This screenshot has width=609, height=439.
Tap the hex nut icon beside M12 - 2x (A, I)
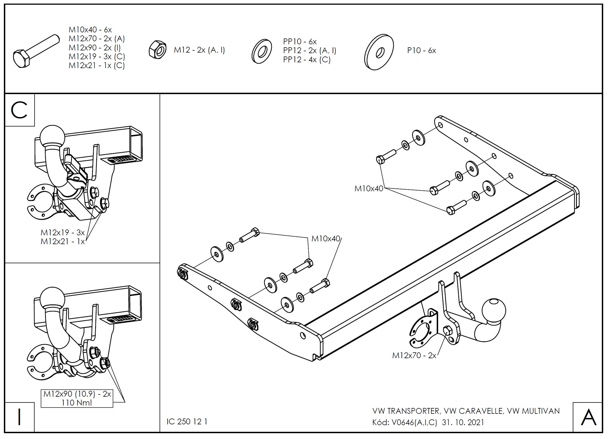tap(157, 50)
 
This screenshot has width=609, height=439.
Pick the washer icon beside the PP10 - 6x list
tap(261, 51)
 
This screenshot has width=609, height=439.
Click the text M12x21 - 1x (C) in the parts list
tap(97, 66)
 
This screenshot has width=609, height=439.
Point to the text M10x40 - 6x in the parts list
tap(90, 30)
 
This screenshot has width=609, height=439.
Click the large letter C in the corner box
tap(19, 110)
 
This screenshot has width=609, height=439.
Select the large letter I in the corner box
tap(19, 417)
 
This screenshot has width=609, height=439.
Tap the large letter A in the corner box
tap(588, 417)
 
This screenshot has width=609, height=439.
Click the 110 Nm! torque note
tap(77, 402)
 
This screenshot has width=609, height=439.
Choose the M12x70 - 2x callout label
tap(414, 355)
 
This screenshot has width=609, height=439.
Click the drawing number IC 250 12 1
tap(187, 422)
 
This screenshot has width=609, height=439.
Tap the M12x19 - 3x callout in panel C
tap(63, 232)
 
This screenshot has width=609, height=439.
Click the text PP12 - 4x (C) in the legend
tap(307, 60)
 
